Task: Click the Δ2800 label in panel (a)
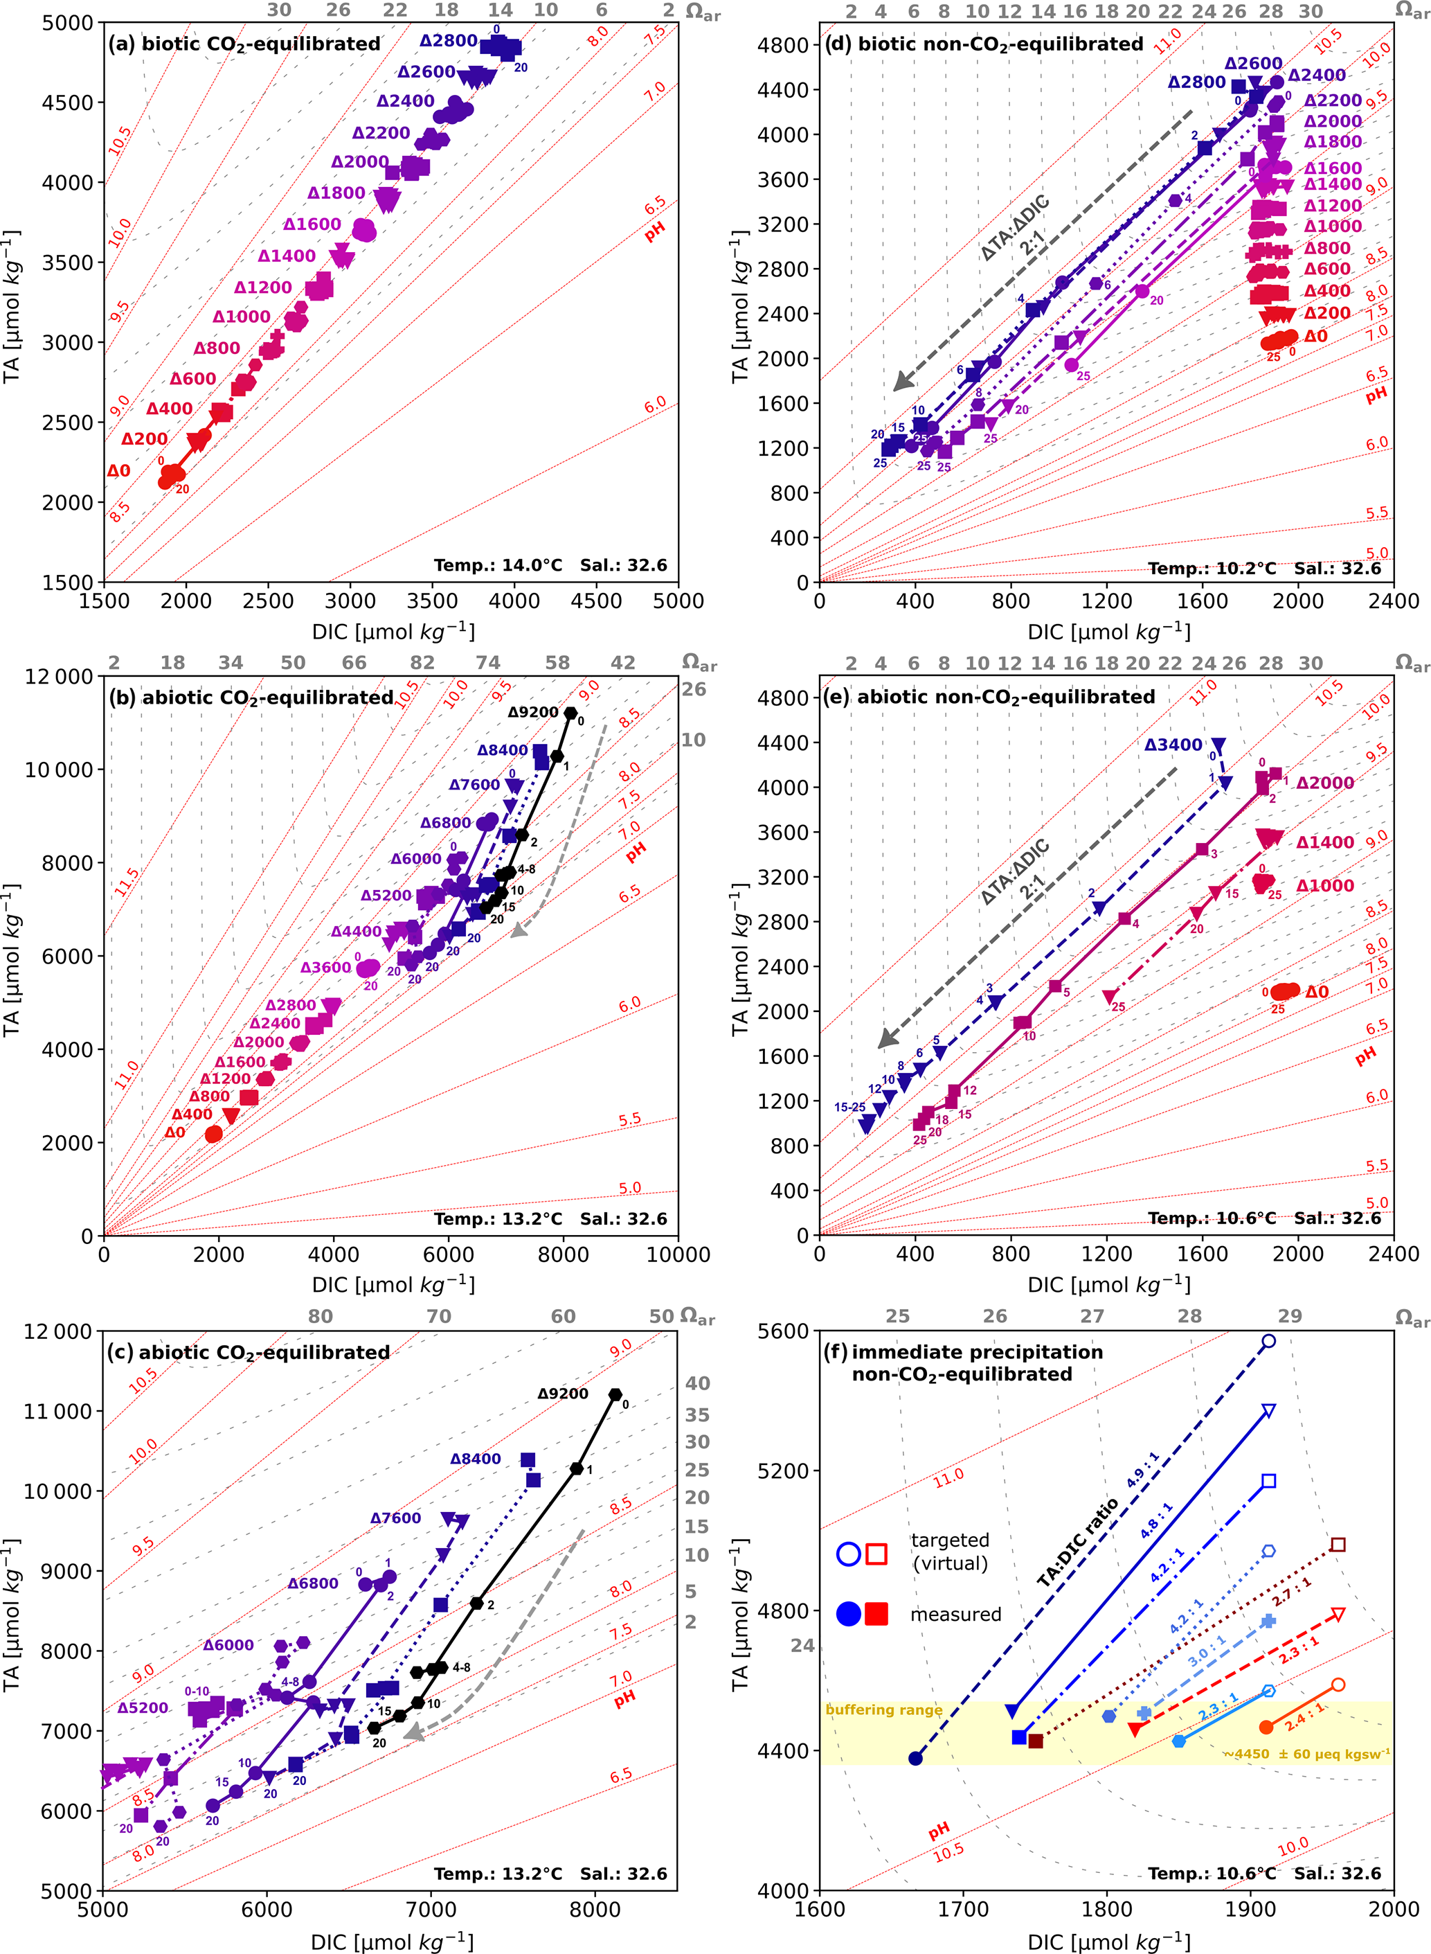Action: coord(448,41)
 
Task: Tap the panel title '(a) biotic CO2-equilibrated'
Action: coord(244,44)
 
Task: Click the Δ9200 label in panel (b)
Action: coord(532,712)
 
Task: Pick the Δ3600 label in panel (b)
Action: coord(325,967)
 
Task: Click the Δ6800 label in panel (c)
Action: coord(313,1583)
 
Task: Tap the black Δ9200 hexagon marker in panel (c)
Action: coord(615,1395)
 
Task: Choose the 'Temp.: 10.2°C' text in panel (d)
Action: coord(1212,569)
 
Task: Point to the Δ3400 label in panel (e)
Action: coord(1173,745)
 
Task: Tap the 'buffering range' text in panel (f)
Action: coord(883,1709)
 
